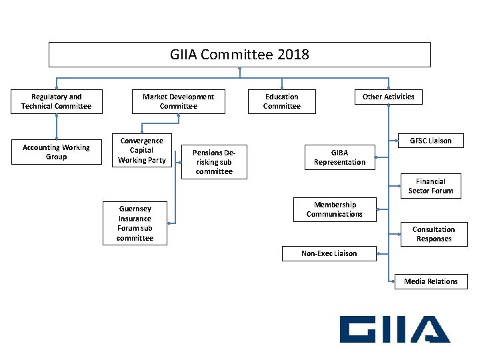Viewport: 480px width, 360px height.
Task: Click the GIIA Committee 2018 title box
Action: tap(239, 55)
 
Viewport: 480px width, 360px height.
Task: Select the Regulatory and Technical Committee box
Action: tap(57, 101)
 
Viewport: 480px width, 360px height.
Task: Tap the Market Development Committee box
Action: tap(178, 101)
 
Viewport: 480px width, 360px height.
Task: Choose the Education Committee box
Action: tap(281, 101)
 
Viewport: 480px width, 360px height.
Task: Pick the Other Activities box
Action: tap(388, 97)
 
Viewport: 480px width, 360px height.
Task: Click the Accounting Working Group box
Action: tap(56, 152)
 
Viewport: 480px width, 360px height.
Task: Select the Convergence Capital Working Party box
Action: tap(141, 151)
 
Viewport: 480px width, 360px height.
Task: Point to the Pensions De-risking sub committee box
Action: tap(214, 162)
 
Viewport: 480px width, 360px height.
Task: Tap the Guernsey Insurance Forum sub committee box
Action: tap(135, 223)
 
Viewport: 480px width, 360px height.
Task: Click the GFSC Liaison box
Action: tap(430, 141)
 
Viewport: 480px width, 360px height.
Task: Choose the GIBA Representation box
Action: tap(339, 157)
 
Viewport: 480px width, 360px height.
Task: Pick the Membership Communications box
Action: tap(335, 209)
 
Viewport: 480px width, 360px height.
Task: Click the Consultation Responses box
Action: tap(433, 234)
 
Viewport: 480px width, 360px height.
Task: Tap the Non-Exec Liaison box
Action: tap(329, 253)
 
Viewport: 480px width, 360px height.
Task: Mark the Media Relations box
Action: tap(431, 281)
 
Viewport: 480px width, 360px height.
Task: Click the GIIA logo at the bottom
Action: tap(394, 329)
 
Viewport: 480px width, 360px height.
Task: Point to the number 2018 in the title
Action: tap(292, 55)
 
